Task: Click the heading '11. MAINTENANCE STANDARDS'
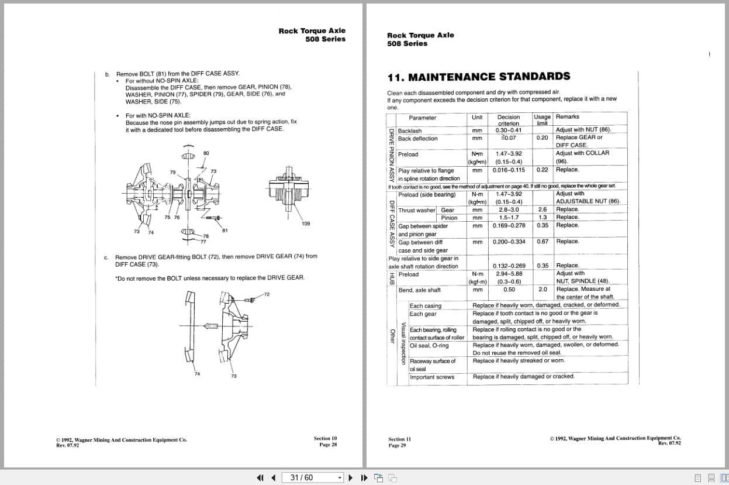coord(478,77)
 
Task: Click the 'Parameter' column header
coord(422,118)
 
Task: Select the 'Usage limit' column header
coord(542,119)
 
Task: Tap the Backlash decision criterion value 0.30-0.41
coord(508,130)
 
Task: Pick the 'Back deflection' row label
coord(417,139)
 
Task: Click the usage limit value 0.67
coord(542,242)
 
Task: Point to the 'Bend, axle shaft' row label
coord(419,290)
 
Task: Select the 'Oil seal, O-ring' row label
coord(429,345)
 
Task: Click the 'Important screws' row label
coord(431,377)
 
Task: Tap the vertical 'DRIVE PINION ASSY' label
coord(392,155)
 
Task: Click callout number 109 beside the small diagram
coord(306,224)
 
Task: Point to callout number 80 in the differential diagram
coord(206,153)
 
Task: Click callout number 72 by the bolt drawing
coord(267,294)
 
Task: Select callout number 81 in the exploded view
coord(224,230)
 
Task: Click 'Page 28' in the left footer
coord(328,445)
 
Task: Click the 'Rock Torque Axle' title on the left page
coord(312,31)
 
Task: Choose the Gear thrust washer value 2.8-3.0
coord(508,209)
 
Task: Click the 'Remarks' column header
coord(567,117)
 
